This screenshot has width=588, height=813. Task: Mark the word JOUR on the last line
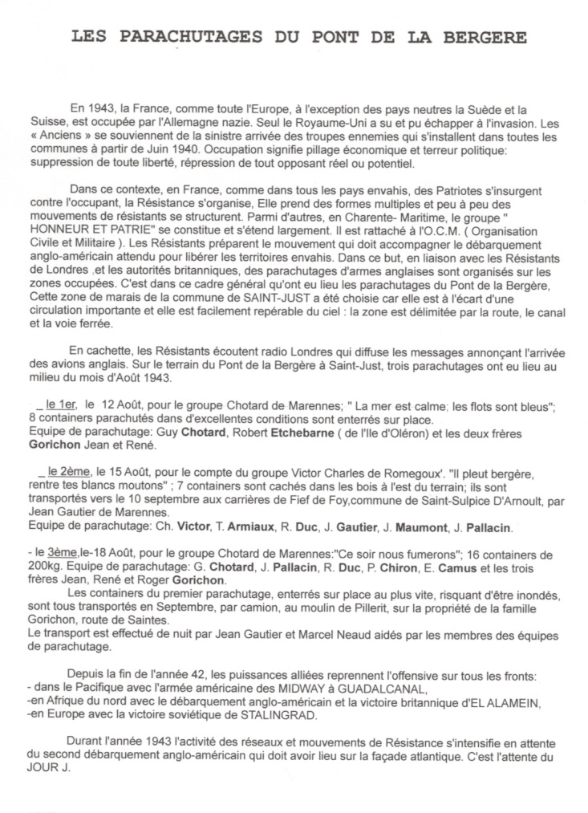coord(36,766)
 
